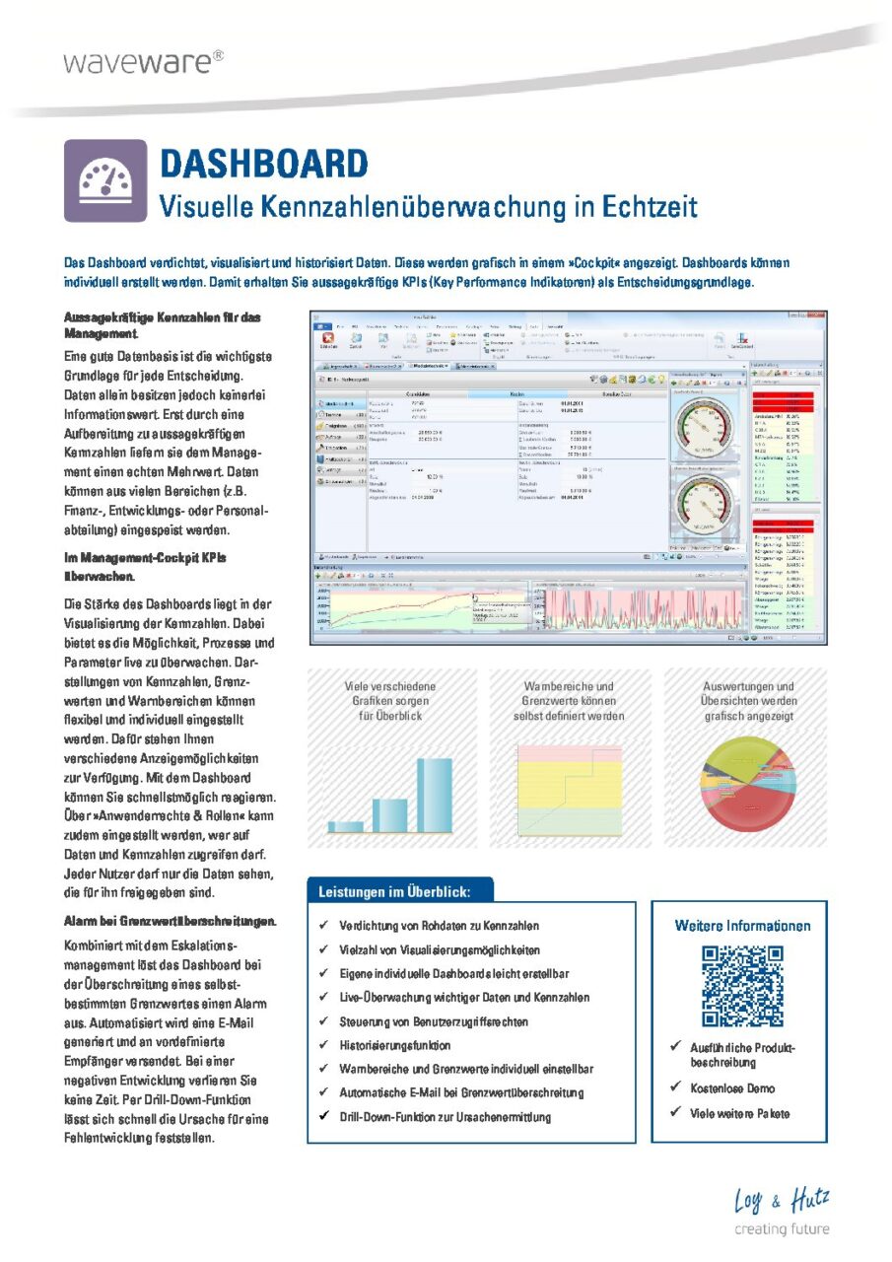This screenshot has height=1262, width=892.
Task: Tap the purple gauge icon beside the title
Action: click(105, 180)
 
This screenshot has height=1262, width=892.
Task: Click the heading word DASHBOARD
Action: click(263, 163)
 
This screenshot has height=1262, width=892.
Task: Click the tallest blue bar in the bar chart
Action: click(434, 795)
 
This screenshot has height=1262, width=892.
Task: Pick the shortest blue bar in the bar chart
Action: click(346, 826)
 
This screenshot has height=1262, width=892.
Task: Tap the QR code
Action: click(741, 985)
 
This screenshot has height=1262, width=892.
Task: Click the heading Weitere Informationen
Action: click(742, 926)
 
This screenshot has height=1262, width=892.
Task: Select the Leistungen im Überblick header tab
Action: click(394, 891)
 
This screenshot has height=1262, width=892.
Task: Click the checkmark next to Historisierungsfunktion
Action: click(325, 1045)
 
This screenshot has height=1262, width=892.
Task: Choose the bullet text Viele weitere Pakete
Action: click(740, 1113)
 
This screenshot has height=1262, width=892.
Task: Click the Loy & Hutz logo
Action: click(782, 1201)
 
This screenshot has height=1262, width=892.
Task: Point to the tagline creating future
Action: click(782, 1229)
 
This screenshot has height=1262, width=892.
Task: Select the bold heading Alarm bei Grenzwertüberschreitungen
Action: click(170, 921)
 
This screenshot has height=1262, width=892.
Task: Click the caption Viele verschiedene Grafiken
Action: click(390, 693)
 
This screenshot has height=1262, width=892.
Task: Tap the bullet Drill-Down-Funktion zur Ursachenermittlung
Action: click(445, 1117)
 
